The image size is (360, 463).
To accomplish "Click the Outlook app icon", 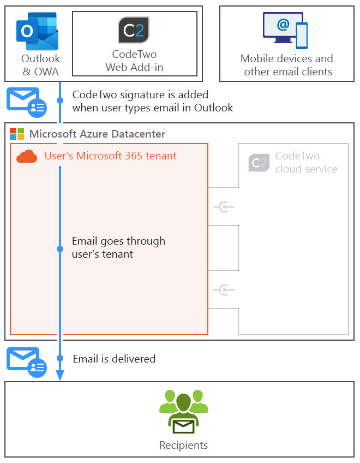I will (37, 31).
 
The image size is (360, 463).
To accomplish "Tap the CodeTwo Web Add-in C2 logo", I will (134, 31).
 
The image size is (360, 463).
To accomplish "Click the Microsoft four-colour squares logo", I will (17, 134).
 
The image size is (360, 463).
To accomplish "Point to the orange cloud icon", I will (27, 157).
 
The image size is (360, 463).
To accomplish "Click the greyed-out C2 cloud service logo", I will (259, 163).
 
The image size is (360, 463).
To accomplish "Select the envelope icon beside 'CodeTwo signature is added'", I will (26, 102).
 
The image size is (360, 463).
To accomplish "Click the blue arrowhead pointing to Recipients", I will (60, 375).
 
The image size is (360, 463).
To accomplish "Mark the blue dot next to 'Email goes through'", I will (60, 248).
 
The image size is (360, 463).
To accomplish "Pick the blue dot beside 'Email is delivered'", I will (60, 359).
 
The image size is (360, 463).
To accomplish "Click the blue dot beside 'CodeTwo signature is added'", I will (60, 100).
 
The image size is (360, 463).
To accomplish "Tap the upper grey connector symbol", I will (224, 206).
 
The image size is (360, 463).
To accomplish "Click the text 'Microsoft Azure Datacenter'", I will (97, 134).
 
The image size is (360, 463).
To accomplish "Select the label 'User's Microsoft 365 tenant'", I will (110, 156).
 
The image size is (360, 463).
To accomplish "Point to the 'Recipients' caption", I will (183, 446).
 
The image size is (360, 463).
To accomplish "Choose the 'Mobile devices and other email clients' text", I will (287, 65).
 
